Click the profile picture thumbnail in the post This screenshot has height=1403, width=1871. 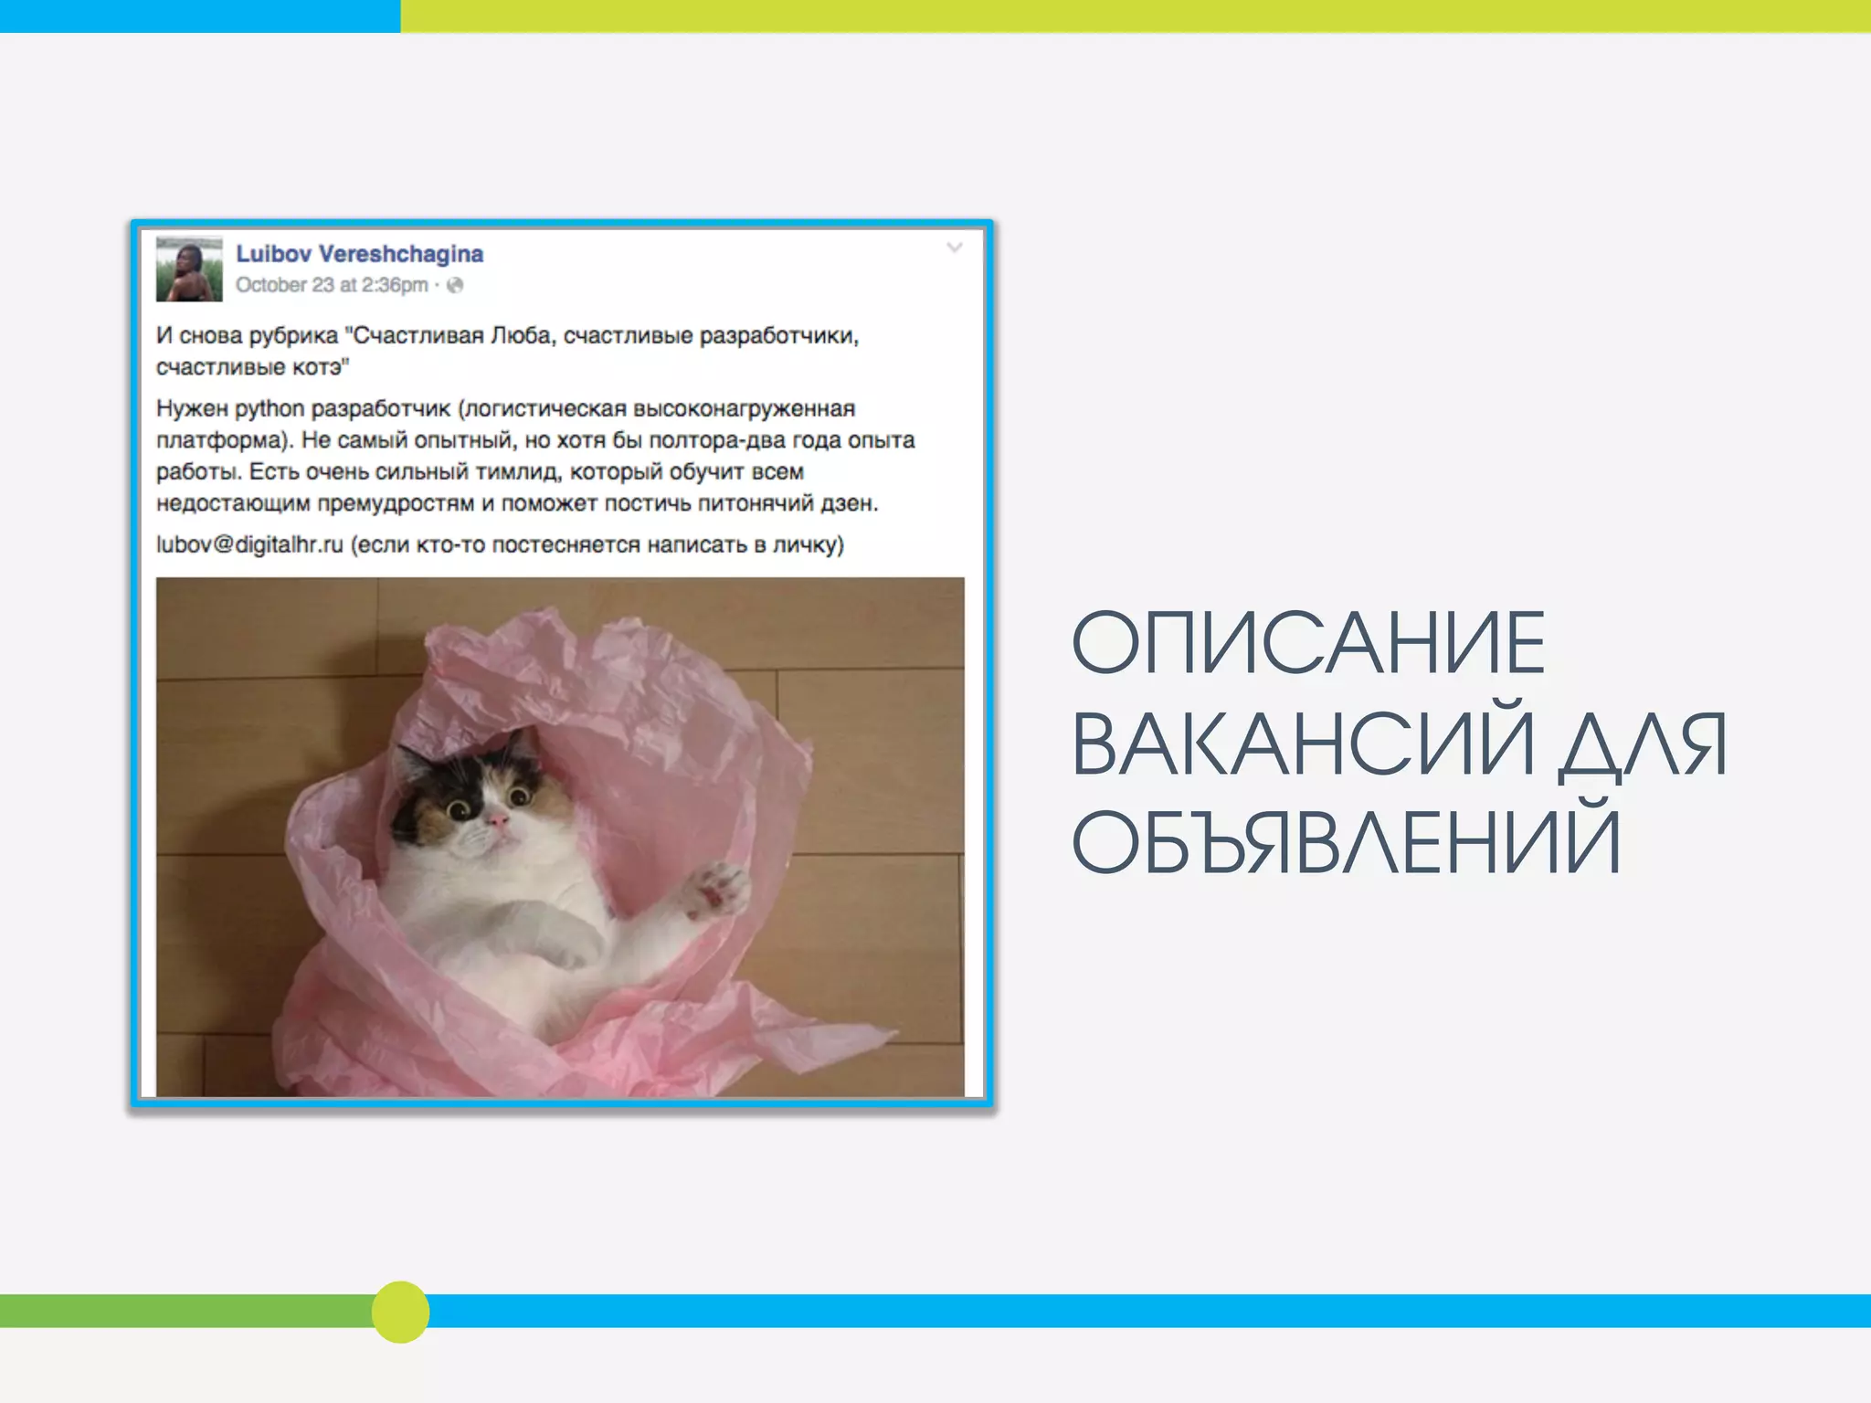189,269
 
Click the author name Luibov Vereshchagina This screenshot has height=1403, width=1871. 359,254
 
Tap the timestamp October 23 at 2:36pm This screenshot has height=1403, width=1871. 332,285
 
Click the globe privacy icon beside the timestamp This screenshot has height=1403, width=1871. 455,285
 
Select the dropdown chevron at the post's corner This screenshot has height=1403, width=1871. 955,248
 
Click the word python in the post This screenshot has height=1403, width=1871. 269,408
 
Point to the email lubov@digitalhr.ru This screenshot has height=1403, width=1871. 249,544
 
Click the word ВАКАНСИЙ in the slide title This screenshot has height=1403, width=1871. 1303,744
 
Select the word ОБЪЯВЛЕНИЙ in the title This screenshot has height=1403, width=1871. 1346,842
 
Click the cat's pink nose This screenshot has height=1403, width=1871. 499,821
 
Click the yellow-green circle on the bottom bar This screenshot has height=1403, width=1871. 400,1312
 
